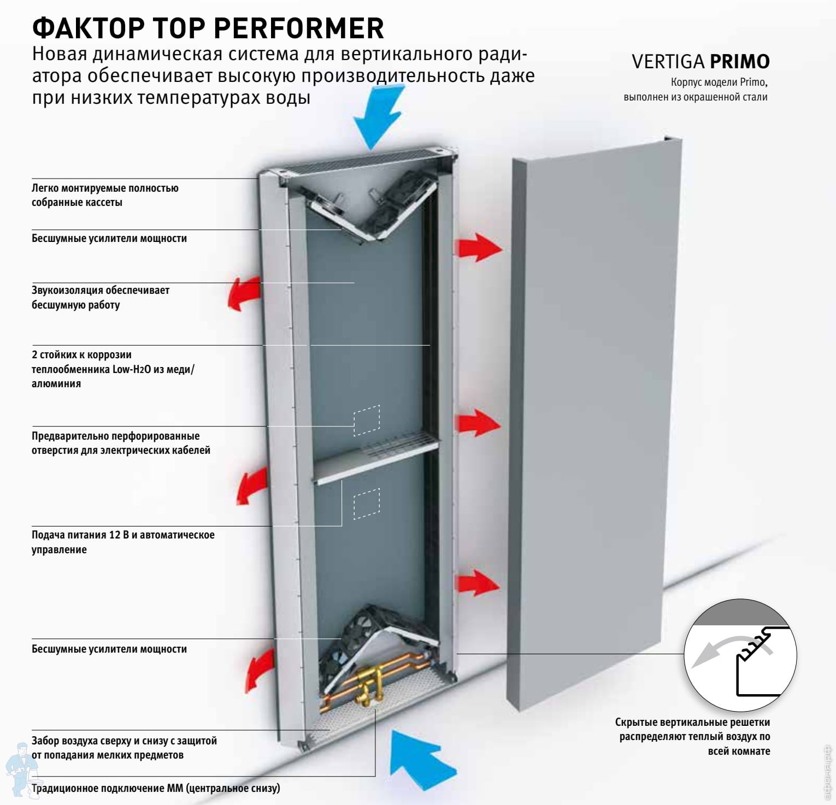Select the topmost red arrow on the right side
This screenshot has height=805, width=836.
tap(478, 247)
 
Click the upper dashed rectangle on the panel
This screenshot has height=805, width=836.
tap(367, 420)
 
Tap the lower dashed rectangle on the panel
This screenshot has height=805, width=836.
tap(367, 503)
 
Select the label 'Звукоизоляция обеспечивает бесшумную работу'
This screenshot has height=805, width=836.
tap(101, 298)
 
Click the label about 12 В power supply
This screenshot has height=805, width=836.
tap(123, 542)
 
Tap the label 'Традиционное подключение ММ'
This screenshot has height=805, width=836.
tap(156, 788)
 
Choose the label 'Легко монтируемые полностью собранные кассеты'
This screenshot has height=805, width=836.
tap(105, 195)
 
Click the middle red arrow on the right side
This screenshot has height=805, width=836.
tap(477, 423)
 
